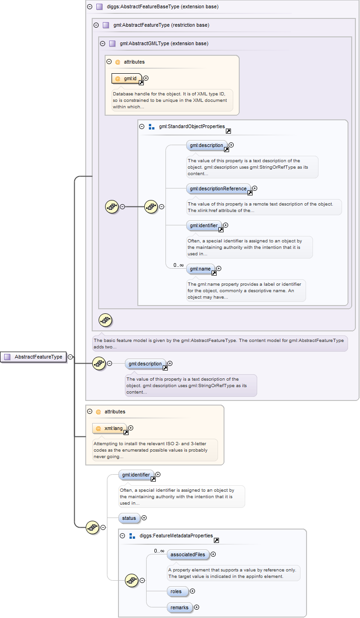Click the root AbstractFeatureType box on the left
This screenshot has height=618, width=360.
(x=34, y=357)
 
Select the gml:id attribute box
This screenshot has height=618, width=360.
(x=127, y=79)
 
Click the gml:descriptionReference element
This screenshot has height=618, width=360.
(x=218, y=188)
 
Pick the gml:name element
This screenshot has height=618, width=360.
(x=200, y=269)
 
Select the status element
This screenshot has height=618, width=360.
(x=129, y=518)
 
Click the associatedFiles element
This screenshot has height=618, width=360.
(x=188, y=554)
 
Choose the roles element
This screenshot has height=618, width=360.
(x=177, y=591)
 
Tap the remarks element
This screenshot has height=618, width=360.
(x=179, y=607)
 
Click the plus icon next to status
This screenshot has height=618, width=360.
(x=144, y=518)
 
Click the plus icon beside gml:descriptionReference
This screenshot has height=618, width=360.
(x=254, y=188)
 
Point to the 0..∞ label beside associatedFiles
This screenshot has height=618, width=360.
(x=159, y=551)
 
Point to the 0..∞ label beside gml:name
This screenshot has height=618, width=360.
(x=178, y=265)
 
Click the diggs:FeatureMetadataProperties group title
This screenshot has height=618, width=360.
(x=176, y=536)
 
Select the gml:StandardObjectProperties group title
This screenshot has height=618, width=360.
(x=192, y=126)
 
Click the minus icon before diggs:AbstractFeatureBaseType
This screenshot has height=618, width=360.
(x=89, y=7)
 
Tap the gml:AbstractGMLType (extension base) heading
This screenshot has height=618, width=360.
(x=164, y=44)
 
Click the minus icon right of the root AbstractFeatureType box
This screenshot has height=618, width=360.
(x=71, y=357)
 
